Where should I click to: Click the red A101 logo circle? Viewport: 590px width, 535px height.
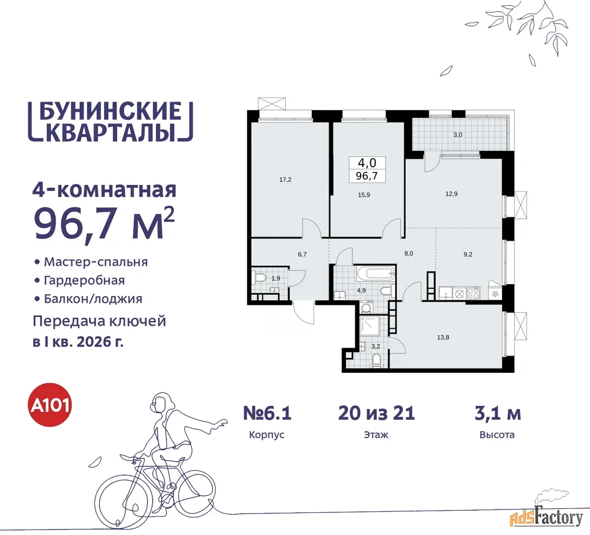pyautogui.click(x=50, y=406)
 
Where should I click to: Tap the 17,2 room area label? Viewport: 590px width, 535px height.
pyautogui.click(x=285, y=180)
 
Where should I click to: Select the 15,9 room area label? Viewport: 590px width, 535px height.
pyautogui.click(x=364, y=195)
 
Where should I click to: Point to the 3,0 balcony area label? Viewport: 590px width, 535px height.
pyautogui.click(x=458, y=135)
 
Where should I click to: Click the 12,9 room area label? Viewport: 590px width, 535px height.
pyautogui.click(x=452, y=194)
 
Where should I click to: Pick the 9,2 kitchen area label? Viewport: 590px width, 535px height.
pyautogui.click(x=468, y=254)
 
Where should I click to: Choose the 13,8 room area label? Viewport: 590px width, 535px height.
pyautogui.click(x=443, y=337)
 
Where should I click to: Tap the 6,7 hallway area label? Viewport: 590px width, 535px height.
pyautogui.click(x=302, y=254)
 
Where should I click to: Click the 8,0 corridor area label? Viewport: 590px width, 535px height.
pyautogui.click(x=409, y=254)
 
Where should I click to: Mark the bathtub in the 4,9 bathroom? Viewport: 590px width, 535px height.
pyautogui.click(x=376, y=273)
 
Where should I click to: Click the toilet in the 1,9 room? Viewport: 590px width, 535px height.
pyautogui.click(x=259, y=278)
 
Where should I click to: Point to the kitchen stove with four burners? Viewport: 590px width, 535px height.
pyautogui.click(x=474, y=292)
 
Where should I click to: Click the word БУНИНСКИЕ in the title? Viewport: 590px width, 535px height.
pyautogui.click(x=111, y=111)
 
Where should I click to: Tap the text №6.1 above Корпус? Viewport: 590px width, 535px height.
pyautogui.click(x=267, y=413)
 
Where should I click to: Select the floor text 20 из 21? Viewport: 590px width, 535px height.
pyautogui.click(x=376, y=413)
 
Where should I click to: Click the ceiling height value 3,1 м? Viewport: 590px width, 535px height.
pyautogui.click(x=497, y=413)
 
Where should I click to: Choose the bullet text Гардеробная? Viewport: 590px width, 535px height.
pyautogui.click(x=84, y=281)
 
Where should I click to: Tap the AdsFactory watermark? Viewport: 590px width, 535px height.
pyautogui.click(x=547, y=518)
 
